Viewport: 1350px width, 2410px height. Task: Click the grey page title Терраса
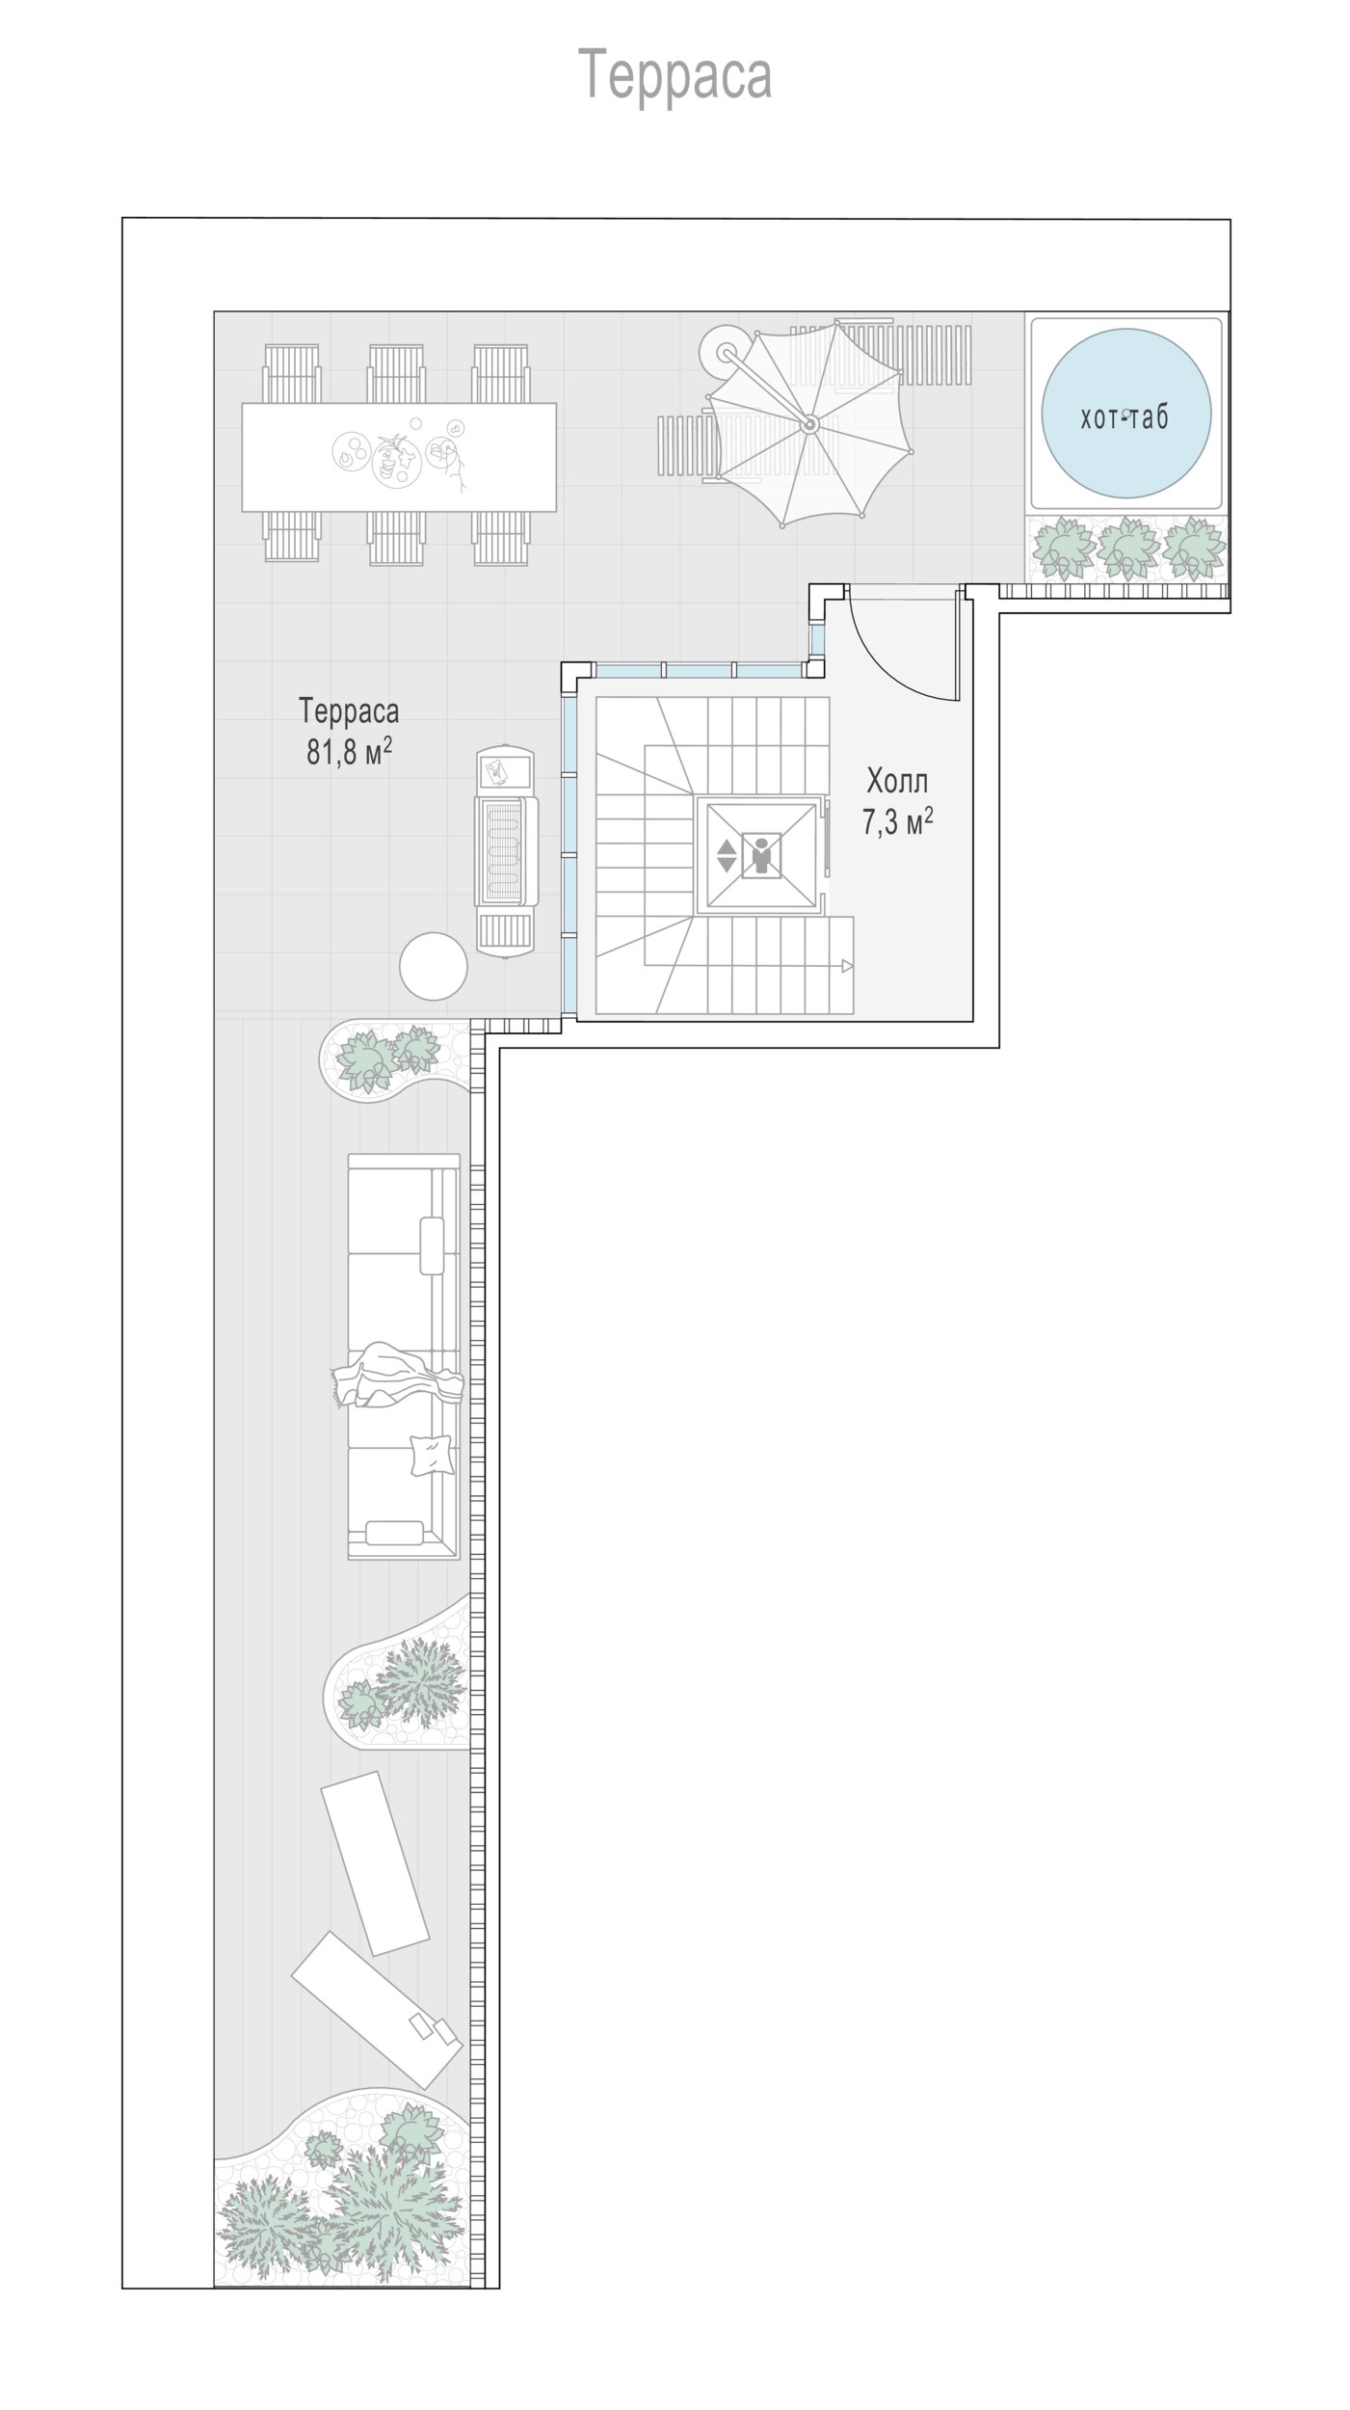(x=675, y=76)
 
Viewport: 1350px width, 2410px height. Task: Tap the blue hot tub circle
(x=1125, y=417)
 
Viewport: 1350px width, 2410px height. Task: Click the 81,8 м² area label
(x=349, y=752)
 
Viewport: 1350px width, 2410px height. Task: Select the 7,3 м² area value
(x=897, y=821)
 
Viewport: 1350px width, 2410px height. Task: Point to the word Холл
(x=897, y=780)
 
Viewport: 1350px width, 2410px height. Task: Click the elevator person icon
(x=762, y=855)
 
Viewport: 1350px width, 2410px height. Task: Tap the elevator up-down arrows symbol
(x=727, y=855)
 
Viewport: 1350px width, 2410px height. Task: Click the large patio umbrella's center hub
(x=809, y=424)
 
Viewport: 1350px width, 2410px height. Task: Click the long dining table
(x=399, y=457)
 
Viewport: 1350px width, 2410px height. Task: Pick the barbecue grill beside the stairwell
(x=506, y=851)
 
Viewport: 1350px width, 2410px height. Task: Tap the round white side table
(x=434, y=966)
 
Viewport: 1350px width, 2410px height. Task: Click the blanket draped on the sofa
(x=396, y=1375)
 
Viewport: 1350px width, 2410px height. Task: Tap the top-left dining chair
(x=291, y=374)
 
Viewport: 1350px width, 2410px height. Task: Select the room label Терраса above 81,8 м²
(x=349, y=711)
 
